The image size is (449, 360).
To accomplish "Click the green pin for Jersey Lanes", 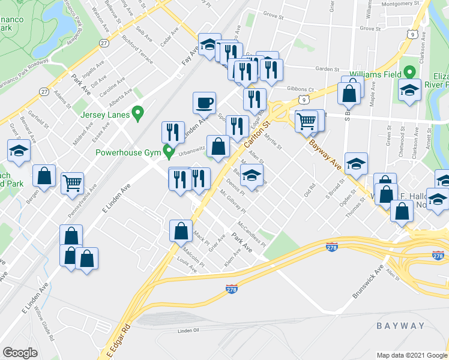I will (x=138, y=112).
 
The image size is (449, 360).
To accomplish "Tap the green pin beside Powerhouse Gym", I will (x=169, y=151).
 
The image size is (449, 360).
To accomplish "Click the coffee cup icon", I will (x=204, y=103).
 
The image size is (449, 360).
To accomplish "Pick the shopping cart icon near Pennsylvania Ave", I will (x=72, y=182).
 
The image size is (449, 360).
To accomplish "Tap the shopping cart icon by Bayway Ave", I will (x=306, y=121).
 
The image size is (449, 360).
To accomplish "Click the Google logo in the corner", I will (x=20, y=352).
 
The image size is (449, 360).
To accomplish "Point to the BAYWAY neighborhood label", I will (x=400, y=326).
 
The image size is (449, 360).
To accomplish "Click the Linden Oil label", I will (x=192, y=331).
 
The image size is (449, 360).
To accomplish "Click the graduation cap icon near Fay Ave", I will (x=209, y=44).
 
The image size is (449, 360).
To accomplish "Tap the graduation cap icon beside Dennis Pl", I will (x=253, y=175).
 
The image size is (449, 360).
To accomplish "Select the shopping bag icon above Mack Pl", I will (x=181, y=230).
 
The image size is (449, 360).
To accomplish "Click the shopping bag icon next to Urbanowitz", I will (x=218, y=146).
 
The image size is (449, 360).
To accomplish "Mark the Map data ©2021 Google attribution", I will (x=411, y=355).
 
